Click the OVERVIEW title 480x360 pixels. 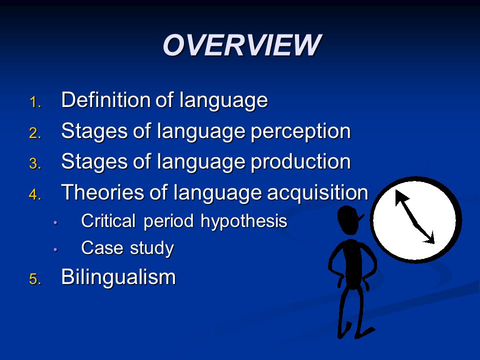[242, 45]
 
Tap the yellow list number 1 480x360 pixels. [34, 102]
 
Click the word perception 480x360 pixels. [300, 132]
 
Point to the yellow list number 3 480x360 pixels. [35, 163]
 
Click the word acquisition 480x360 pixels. [317, 193]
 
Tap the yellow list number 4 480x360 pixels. [35, 194]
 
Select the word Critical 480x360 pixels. [108, 220]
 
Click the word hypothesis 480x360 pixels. [243, 221]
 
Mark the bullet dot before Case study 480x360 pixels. [55, 249]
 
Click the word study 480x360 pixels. [152, 248]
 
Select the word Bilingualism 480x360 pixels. [118, 276]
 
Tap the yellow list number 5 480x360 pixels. [35, 279]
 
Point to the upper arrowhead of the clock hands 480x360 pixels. [400, 196]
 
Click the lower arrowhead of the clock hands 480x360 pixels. [429, 238]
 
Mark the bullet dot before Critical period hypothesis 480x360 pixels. [55, 222]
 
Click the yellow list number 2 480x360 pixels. [35, 133]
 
